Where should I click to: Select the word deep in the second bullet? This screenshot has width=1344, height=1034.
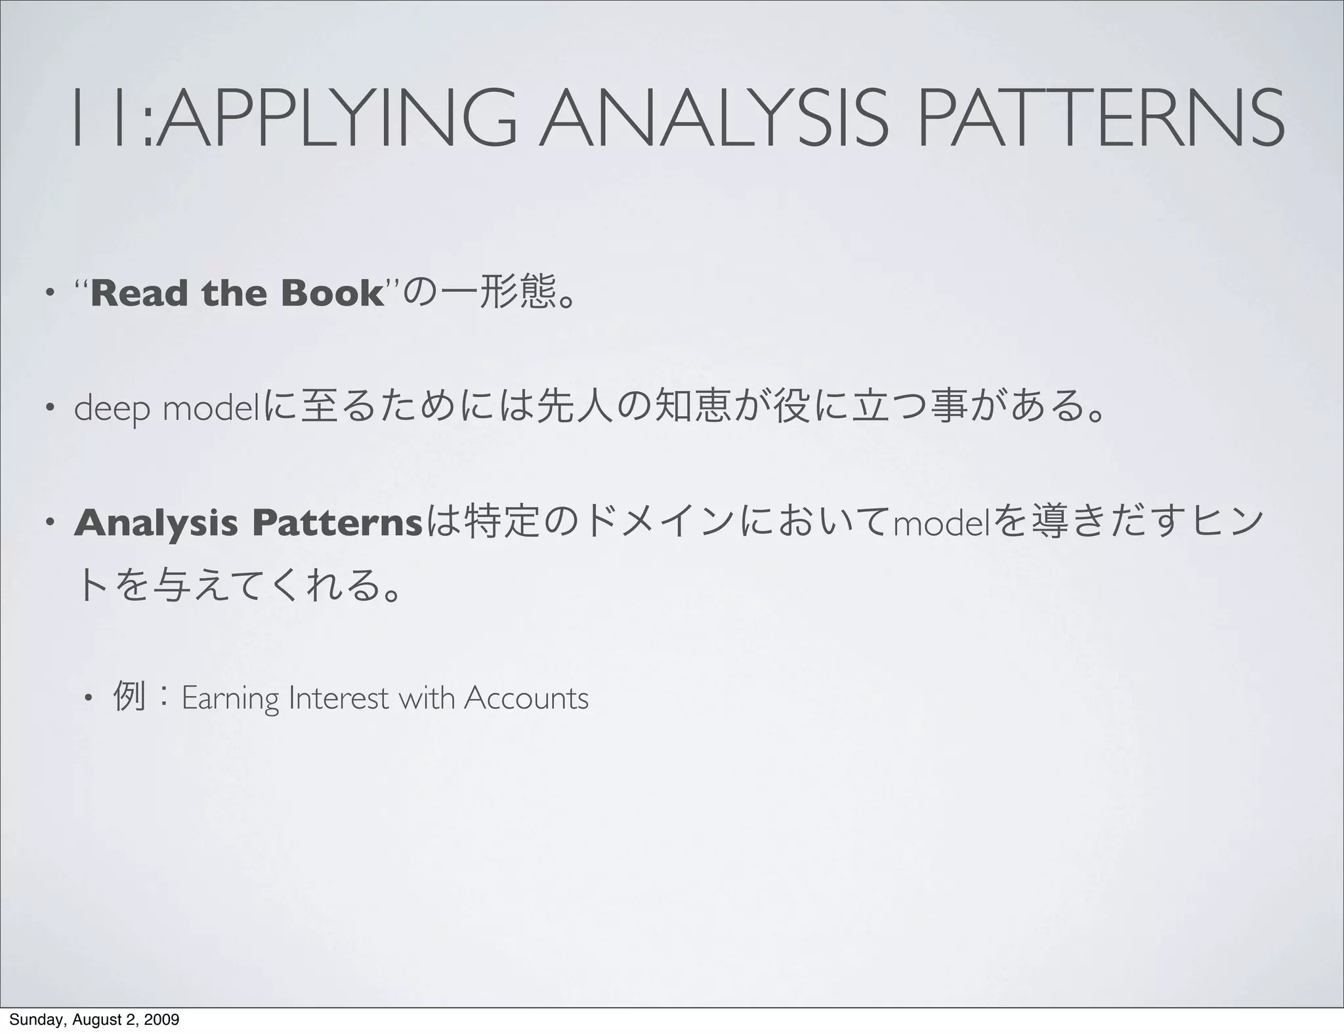pyautogui.click(x=112, y=409)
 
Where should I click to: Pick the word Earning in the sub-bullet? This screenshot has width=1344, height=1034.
pyautogui.click(x=230, y=699)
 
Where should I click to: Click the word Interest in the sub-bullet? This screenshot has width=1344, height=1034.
pyautogui.click(x=338, y=699)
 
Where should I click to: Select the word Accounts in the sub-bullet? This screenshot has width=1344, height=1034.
pyautogui.click(x=526, y=699)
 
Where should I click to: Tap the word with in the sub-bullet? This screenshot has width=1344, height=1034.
pyautogui.click(x=427, y=699)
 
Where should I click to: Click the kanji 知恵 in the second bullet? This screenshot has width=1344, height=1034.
pyautogui.click(x=690, y=408)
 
